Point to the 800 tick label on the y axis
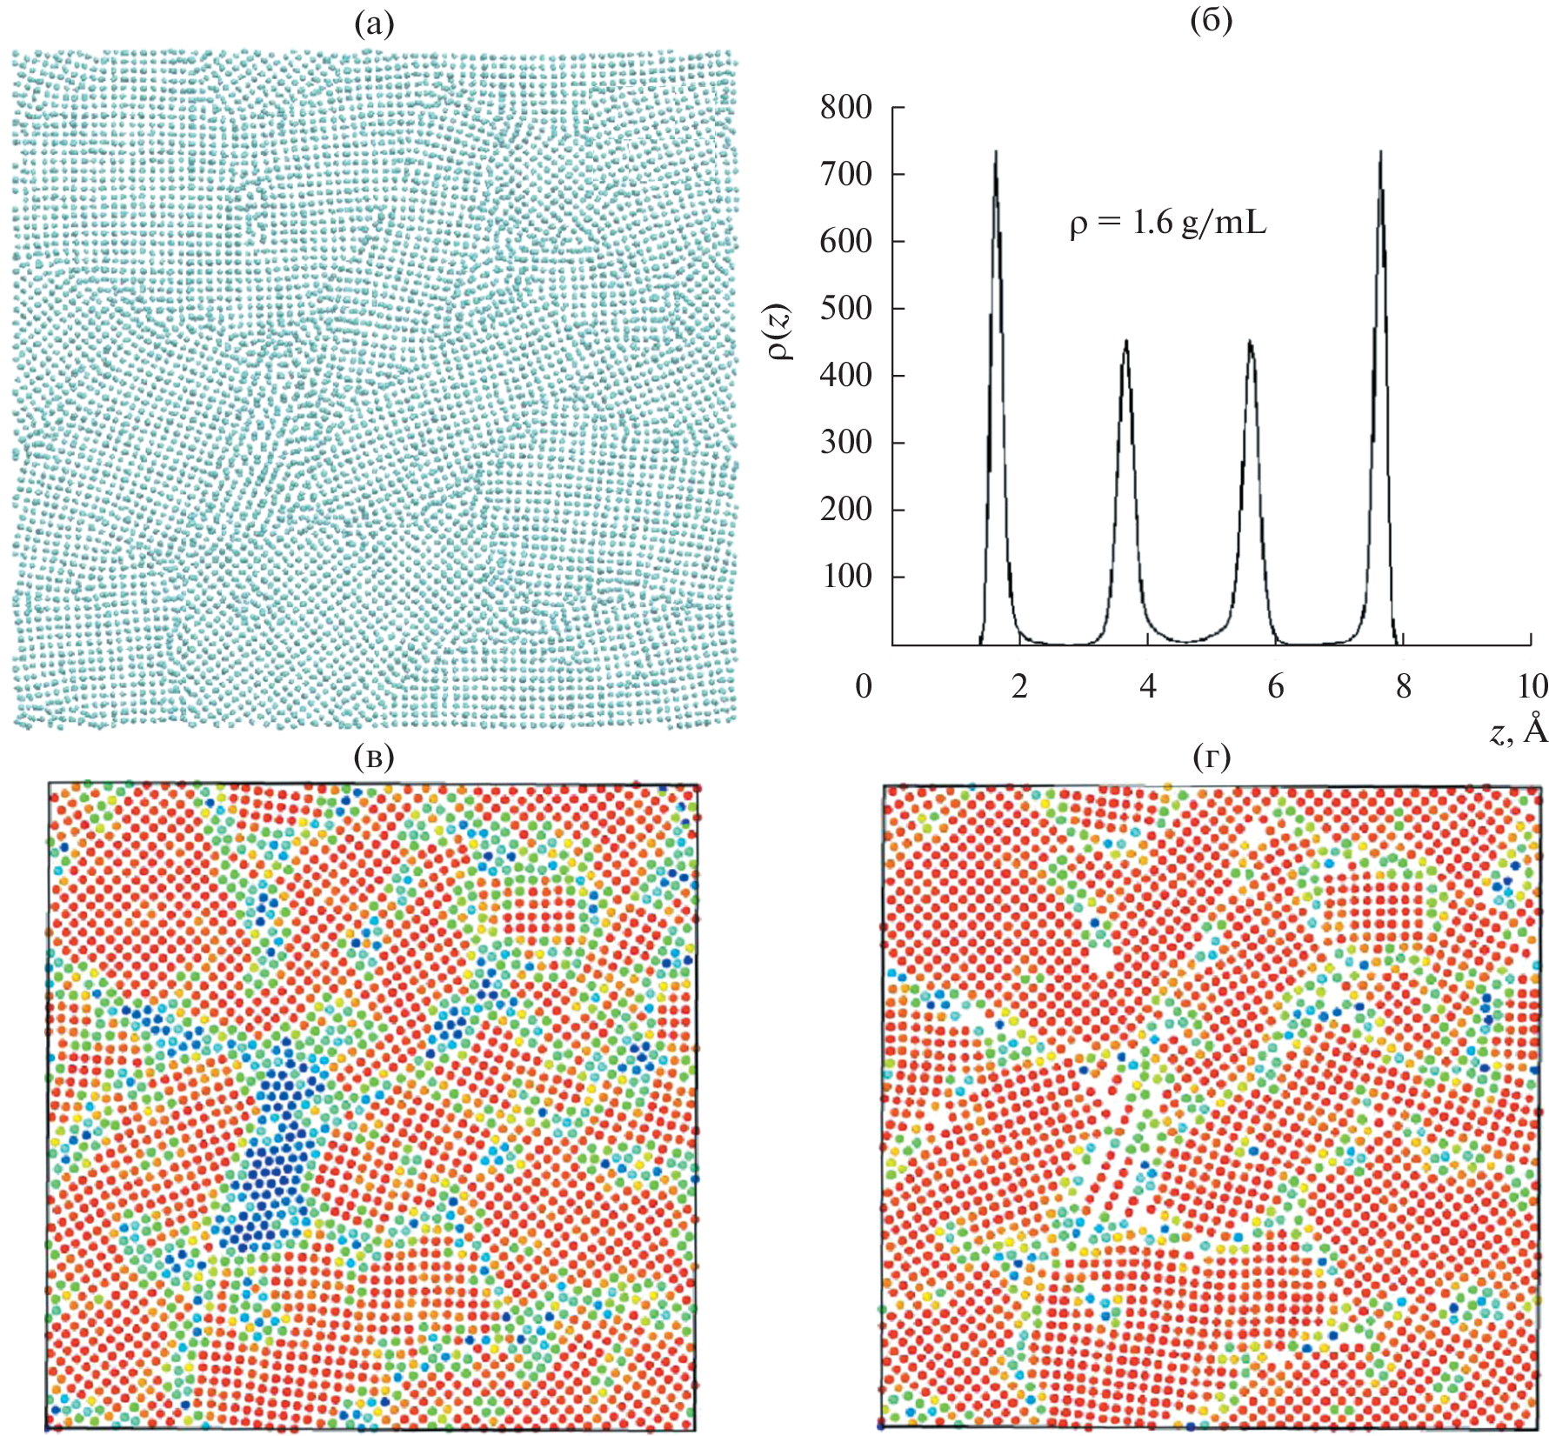tap(845, 108)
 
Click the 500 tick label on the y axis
tap(845, 309)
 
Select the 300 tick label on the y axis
tap(845, 443)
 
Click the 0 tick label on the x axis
tap(863, 686)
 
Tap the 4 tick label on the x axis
tap(1148, 686)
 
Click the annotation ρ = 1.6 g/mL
tap(1167, 224)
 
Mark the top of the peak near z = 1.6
tap(996, 151)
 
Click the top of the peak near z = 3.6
tap(1125, 341)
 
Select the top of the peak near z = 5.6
tap(1251, 341)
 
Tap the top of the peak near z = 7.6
tap(1380, 151)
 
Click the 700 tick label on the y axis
tap(845, 175)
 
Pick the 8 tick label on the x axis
tap(1404, 686)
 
